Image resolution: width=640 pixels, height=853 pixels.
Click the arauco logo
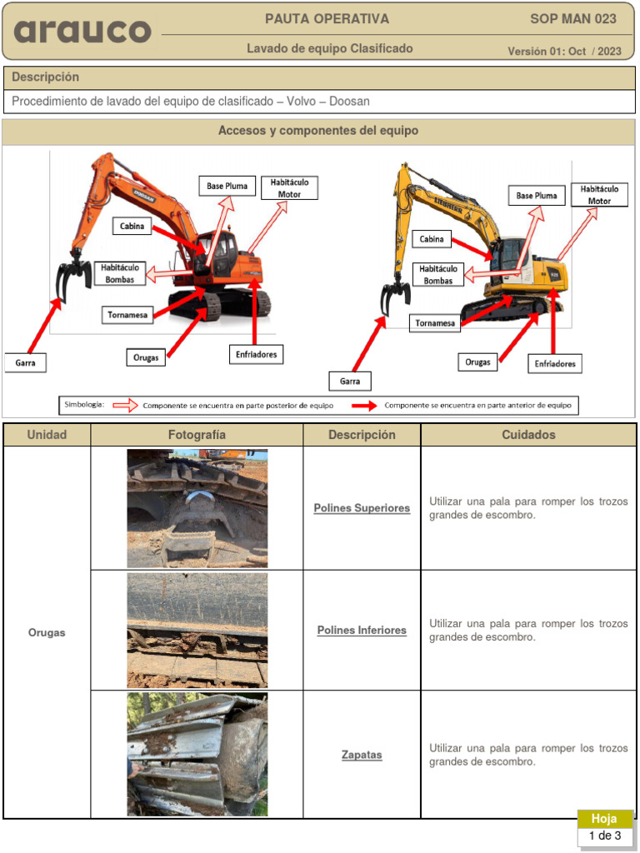(82, 32)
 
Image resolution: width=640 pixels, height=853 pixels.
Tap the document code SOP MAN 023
(573, 19)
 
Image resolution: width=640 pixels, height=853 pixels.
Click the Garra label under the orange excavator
(25, 363)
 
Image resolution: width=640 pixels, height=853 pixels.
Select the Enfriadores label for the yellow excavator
(554, 364)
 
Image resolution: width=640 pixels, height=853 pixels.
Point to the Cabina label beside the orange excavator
(132, 226)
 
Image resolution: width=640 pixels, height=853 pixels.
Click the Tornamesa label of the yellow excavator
(435, 323)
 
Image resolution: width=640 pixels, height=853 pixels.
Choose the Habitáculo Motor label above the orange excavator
(289, 188)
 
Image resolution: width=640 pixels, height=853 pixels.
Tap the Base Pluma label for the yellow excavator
(537, 196)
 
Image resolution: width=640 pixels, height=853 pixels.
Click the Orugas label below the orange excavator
(146, 357)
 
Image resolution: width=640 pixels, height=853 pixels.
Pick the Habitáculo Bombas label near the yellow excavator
(438, 275)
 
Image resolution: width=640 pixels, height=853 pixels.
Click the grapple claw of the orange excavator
(74, 277)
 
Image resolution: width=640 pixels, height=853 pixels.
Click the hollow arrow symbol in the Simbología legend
(125, 406)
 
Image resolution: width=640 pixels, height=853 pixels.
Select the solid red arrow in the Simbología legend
(364, 406)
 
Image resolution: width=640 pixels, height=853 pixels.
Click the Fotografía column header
(197, 435)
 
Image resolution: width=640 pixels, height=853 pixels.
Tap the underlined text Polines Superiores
(362, 508)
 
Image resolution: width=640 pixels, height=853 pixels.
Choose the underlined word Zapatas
(362, 755)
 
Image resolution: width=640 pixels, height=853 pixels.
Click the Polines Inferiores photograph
(197, 631)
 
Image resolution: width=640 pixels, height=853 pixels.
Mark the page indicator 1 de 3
(605, 836)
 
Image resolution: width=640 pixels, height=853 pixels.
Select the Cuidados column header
(528, 435)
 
